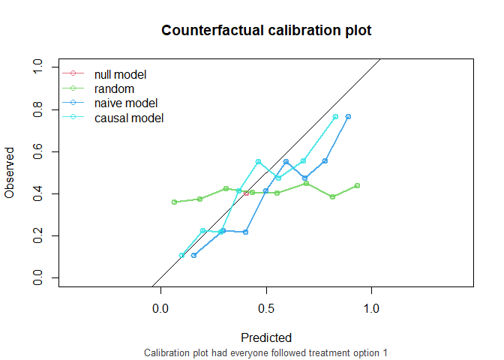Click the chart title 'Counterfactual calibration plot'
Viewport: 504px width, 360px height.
coord(266,31)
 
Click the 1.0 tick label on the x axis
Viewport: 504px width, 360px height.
coord(371,308)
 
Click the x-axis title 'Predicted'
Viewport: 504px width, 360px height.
coord(266,337)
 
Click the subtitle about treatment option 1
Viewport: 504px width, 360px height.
coord(266,352)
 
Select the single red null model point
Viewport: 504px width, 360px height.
coord(246,193)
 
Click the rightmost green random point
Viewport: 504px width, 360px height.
coord(357,185)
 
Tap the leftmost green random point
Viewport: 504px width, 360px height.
coord(174,202)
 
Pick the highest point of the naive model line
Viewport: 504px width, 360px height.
coord(348,116)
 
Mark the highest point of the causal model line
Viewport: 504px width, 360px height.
coord(335,116)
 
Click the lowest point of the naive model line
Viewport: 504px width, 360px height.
coord(193,256)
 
